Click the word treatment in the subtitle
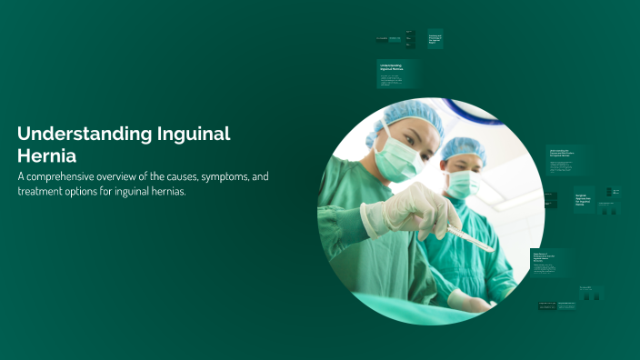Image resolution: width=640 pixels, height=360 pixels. click(44, 191)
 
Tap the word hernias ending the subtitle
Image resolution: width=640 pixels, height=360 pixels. click(165, 191)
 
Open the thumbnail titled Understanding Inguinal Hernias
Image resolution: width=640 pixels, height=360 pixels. click(396, 74)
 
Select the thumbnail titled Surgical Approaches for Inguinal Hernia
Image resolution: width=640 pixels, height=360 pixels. click(584, 199)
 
